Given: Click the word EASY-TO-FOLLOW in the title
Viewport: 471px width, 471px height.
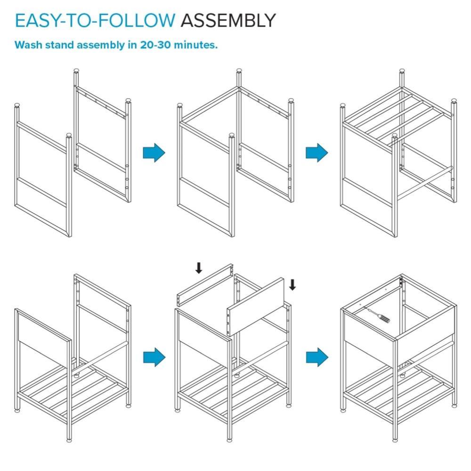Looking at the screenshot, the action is (95, 20).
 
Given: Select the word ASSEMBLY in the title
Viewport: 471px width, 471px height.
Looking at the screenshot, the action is (228, 20).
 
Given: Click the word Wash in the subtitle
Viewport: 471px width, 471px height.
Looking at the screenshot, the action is (29, 45).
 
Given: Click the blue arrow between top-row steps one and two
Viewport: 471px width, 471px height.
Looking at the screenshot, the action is (154, 153).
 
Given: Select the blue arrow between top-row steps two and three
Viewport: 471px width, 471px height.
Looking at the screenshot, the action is (317, 153).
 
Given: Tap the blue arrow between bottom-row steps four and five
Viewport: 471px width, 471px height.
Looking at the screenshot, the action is (154, 357).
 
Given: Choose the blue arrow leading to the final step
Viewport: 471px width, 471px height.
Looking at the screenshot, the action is (317, 357).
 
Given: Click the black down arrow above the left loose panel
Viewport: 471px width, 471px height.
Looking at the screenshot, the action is (199, 268).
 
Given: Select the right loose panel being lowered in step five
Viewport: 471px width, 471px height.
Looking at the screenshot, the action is (256, 307).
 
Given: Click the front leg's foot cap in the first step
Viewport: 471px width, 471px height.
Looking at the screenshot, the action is (69, 135).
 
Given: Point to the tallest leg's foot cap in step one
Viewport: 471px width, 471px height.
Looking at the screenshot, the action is (77, 71).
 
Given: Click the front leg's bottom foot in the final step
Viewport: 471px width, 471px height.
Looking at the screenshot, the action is (395, 440).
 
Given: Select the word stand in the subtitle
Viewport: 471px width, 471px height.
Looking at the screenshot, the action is (59, 45).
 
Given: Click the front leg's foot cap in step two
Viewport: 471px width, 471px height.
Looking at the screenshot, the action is (232, 135).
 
